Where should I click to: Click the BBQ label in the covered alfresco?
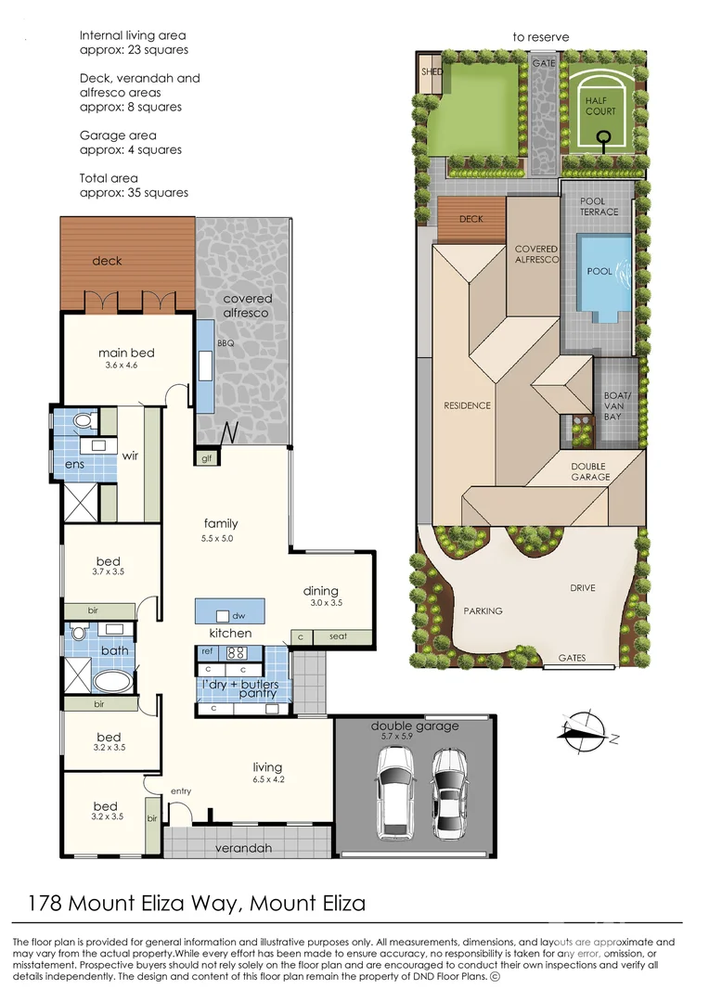pyautogui.click(x=226, y=343)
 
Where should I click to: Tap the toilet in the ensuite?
pyautogui.click(x=84, y=421)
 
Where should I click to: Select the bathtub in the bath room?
pyautogui.click(x=114, y=681)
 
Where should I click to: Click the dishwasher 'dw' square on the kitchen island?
pyautogui.click(x=223, y=616)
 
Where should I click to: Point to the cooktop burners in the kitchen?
pyautogui.click(x=236, y=653)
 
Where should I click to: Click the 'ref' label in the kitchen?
pyautogui.click(x=207, y=652)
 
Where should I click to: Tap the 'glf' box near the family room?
pyautogui.click(x=207, y=458)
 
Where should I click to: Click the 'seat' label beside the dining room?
pyautogui.click(x=338, y=636)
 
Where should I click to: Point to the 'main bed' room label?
pyautogui.click(x=126, y=353)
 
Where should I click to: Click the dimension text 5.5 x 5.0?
pyautogui.click(x=217, y=538)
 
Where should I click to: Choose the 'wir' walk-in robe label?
pyautogui.click(x=131, y=456)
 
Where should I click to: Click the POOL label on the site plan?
pyautogui.click(x=599, y=272)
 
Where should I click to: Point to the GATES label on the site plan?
pyautogui.click(x=573, y=658)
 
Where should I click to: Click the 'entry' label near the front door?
pyautogui.click(x=181, y=791)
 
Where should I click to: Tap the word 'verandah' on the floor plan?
pyautogui.click(x=243, y=848)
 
